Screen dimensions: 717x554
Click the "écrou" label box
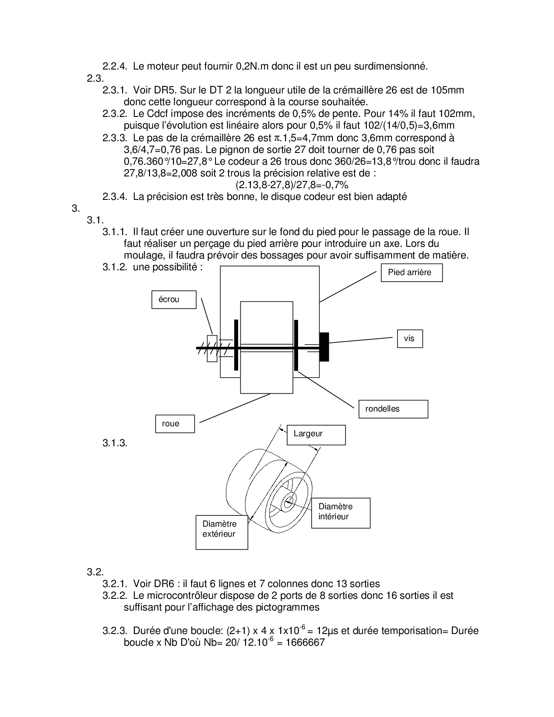point(173,300)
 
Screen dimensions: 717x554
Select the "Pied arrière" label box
point(411,273)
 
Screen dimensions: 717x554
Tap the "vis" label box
point(410,339)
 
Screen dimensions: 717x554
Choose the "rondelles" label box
point(393,409)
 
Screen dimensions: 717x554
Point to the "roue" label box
point(175,424)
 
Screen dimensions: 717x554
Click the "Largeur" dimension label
point(316,435)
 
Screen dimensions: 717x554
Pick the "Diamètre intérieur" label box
point(341,512)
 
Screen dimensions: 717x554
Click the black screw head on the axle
point(324,347)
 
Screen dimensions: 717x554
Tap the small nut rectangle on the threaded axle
point(212,349)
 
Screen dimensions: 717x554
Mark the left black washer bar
point(236,345)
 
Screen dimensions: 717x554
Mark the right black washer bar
point(296,345)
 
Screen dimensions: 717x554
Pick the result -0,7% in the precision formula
point(334,185)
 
